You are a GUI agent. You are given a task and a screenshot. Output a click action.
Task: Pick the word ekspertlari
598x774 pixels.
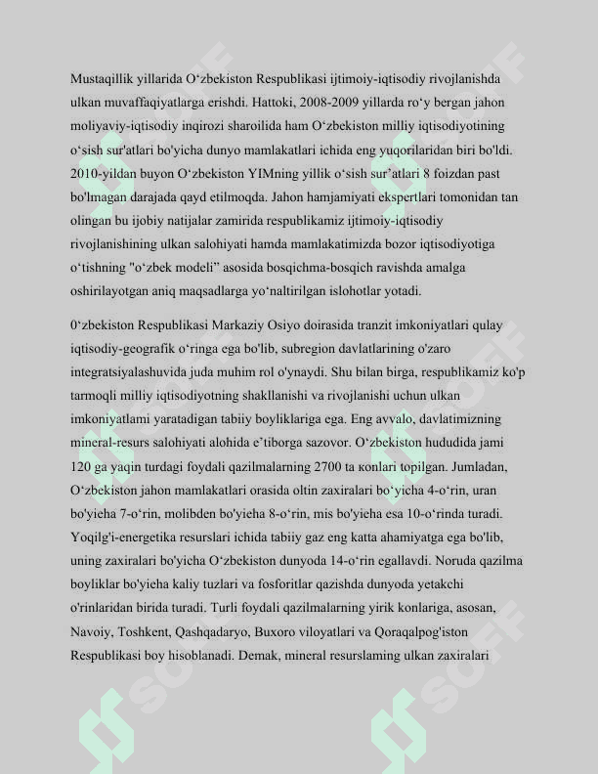tap(366, 196)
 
